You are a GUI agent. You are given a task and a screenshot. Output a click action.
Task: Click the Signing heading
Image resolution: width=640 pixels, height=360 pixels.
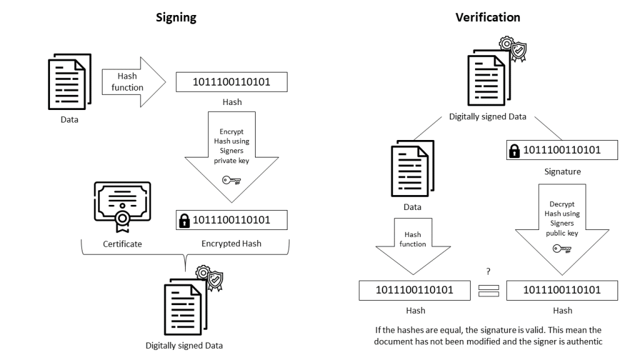(176, 17)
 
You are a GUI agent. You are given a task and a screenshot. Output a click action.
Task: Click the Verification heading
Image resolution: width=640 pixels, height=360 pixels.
(487, 17)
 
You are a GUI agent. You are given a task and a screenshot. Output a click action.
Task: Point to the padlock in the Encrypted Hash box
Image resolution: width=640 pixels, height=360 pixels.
(184, 220)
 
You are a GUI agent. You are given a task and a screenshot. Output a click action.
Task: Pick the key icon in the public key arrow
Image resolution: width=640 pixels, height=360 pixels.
(562, 249)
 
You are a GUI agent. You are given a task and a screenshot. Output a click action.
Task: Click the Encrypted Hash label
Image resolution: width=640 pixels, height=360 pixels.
(232, 244)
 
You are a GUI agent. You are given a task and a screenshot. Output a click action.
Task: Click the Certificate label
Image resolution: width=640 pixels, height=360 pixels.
(122, 244)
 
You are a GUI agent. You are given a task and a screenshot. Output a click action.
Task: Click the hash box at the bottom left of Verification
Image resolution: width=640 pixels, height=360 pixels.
(415, 290)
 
